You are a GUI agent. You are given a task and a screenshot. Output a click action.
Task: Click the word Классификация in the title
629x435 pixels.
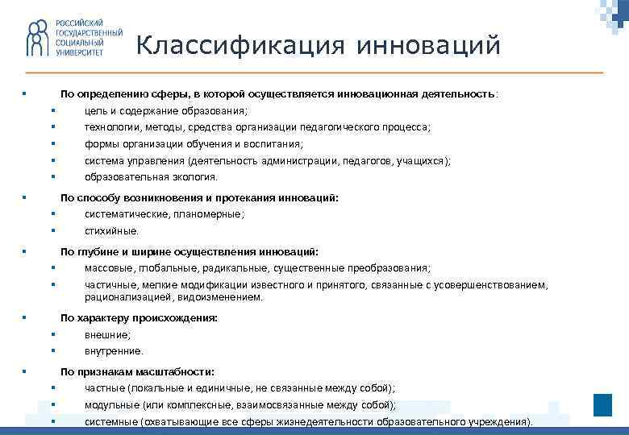[x=223, y=46]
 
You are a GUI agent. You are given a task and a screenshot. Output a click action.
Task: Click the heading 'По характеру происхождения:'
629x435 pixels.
[x=139, y=318]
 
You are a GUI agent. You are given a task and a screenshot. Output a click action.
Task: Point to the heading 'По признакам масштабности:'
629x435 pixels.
[x=137, y=371]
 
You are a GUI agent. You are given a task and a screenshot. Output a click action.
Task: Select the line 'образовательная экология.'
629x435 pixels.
[x=151, y=176]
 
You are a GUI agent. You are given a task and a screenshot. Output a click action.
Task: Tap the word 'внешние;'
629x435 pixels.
[x=107, y=334]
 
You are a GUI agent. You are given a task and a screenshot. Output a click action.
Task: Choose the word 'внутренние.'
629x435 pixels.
[x=114, y=350]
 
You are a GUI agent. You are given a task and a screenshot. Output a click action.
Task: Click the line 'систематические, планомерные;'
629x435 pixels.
[x=165, y=214]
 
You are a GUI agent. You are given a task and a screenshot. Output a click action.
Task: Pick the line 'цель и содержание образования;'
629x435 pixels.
[x=166, y=110]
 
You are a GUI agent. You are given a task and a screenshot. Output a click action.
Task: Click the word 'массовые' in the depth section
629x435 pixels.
[x=106, y=268]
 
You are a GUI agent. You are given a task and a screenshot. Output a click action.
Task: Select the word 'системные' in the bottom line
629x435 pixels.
[x=110, y=421]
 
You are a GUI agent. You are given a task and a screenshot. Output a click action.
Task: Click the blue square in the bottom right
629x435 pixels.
[x=602, y=405]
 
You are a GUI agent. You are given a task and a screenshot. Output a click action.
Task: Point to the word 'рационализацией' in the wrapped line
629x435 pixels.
[x=124, y=296]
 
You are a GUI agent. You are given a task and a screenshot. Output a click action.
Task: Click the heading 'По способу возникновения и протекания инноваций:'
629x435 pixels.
[x=199, y=197]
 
